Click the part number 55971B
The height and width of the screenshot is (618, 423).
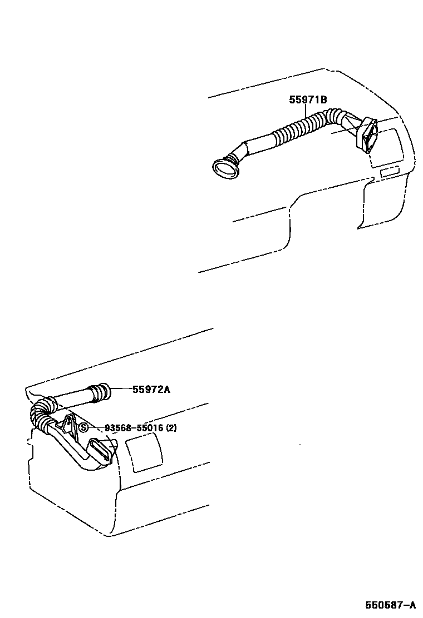tap(307, 100)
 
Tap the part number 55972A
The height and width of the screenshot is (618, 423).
tap(151, 390)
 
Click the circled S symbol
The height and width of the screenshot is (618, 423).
tap(83, 427)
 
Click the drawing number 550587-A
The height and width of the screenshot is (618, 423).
tap(390, 605)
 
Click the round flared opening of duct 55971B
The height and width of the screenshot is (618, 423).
tap(225, 167)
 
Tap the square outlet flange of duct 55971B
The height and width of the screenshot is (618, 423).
tap(367, 136)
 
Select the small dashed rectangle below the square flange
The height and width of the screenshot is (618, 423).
tap(390, 171)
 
